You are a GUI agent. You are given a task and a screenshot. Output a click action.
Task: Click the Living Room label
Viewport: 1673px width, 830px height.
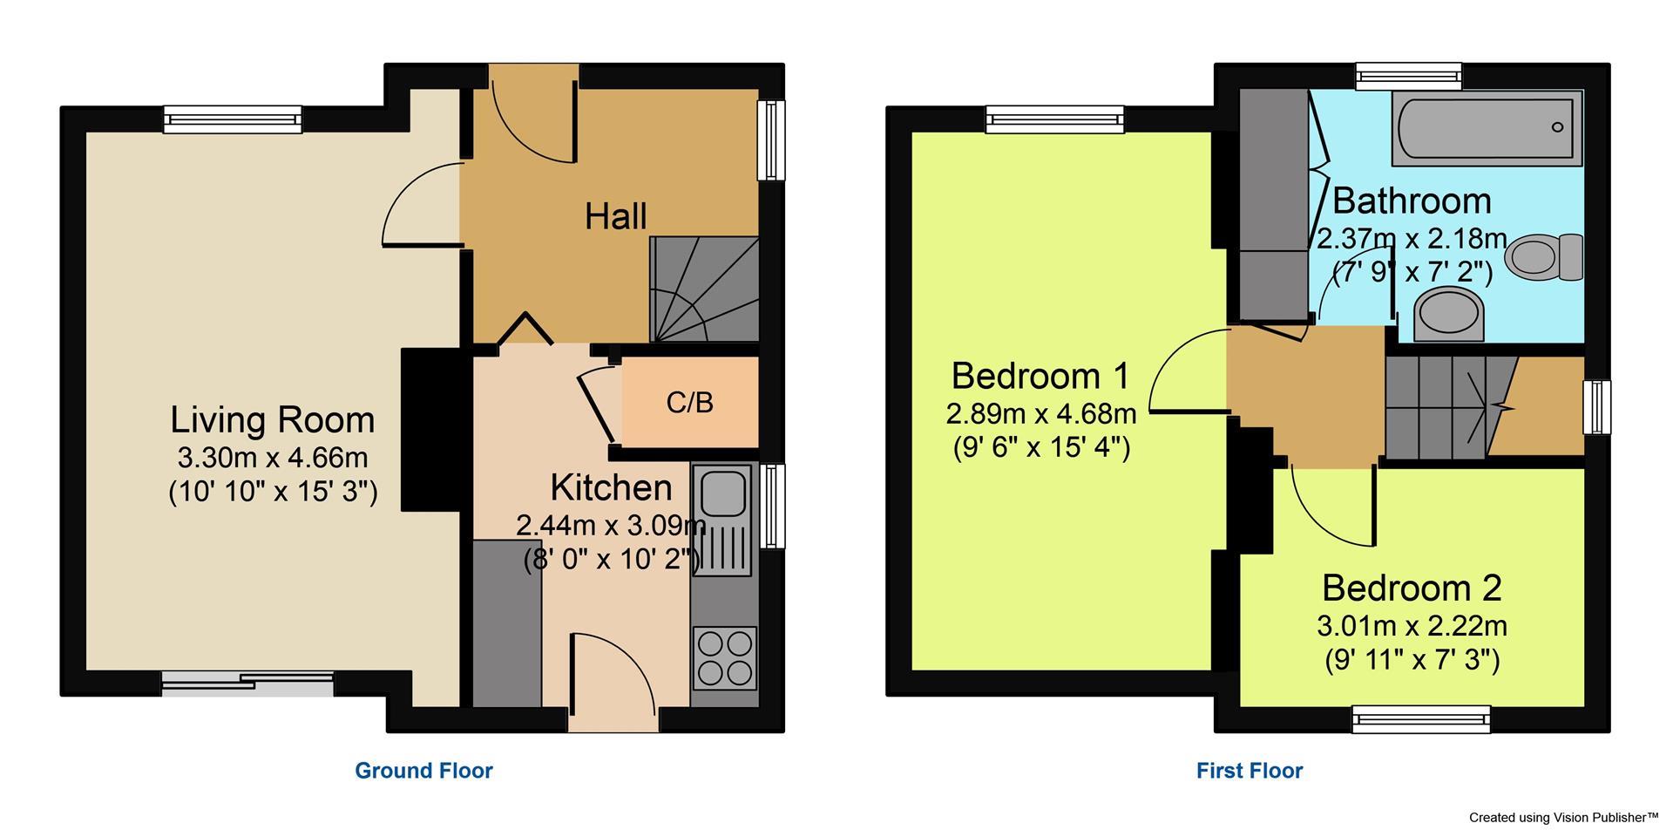pos(272,420)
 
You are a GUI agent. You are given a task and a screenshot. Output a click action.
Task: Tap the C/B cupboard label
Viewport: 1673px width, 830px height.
pos(689,402)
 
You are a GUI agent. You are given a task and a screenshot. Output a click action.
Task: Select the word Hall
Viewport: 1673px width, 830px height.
pos(615,216)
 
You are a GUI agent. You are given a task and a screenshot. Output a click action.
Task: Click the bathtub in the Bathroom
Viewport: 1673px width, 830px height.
pos(1487,128)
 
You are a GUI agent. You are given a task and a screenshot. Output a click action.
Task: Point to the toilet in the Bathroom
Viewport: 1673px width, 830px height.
pos(1547,255)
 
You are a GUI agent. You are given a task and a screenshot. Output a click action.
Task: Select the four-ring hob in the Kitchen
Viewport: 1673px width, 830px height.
pos(725,658)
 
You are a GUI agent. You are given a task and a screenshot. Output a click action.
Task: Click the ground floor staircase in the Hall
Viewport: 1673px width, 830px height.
pos(704,289)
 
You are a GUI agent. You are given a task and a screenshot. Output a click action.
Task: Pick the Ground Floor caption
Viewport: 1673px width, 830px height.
pos(423,771)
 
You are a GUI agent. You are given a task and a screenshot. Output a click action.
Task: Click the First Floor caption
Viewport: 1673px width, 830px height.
pos(1250,771)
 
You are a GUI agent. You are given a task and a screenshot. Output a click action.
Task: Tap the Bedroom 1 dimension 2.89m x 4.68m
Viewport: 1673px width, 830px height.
pos(1040,412)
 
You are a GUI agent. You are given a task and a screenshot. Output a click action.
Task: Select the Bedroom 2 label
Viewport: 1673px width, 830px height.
pos(1412,588)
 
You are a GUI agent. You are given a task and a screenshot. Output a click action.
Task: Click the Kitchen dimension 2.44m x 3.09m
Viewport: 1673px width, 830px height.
pos(610,526)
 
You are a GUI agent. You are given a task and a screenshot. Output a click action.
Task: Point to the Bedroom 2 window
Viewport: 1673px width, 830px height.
pos(1420,719)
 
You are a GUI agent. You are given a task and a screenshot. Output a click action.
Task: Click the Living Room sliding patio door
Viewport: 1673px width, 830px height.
pos(247,684)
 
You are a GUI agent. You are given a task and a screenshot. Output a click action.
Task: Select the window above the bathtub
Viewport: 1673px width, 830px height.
pos(1408,77)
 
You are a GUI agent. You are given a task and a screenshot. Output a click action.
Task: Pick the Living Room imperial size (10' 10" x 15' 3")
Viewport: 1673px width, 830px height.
pos(273,493)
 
